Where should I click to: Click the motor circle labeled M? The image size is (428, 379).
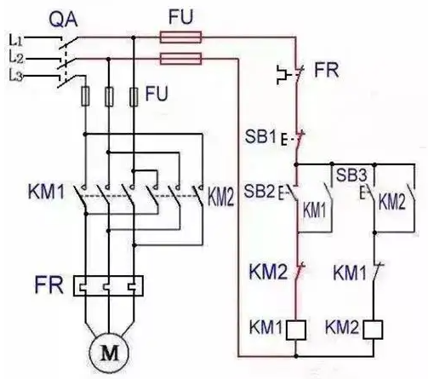[109, 353]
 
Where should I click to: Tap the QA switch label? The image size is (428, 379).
[63, 20]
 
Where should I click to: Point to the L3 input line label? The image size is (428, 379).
[15, 77]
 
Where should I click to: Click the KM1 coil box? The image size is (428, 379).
[296, 330]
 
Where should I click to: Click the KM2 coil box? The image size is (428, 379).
[373, 330]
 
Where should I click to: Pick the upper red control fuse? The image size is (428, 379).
[180, 37]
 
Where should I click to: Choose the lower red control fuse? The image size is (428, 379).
[180, 59]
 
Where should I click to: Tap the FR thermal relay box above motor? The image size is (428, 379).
[108, 286]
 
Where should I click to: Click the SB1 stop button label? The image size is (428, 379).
[260, 137]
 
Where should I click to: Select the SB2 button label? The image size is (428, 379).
[260, 191]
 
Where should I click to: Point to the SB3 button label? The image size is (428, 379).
[351, 175]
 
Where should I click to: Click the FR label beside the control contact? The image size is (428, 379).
[327, 70]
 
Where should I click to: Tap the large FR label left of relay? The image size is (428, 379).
[49, 284]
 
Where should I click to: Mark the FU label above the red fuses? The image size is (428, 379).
[180, 17]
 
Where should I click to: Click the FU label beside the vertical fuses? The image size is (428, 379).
[157, 94]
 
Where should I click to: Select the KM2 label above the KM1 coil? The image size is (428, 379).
[268, 272]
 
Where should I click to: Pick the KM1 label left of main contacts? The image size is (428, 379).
[47, 192]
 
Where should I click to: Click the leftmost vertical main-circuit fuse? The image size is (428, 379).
[85, 96]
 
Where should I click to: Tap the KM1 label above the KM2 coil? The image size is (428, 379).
[350, 273]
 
